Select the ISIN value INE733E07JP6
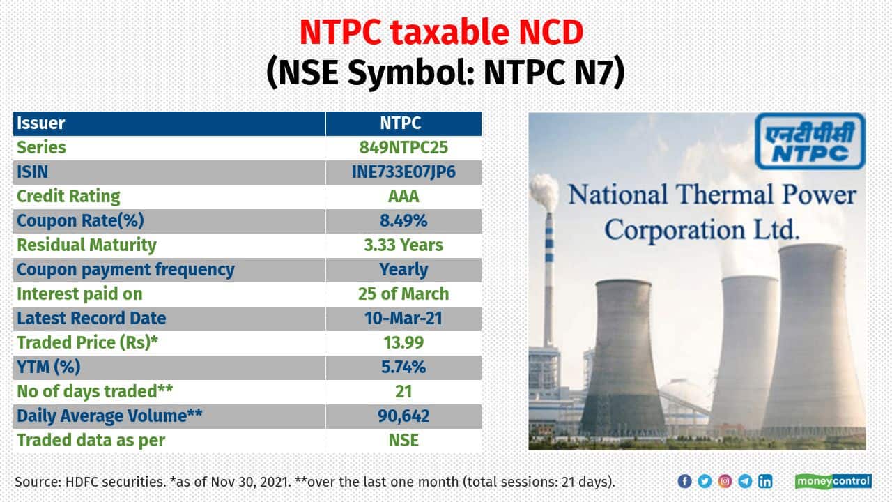(x=403, y=172)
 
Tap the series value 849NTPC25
(x=403, y=147)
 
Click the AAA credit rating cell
(x=403, y=196)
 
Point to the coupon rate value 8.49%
(x=403, y=220)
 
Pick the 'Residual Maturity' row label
(x=86, y=245)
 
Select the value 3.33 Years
(x=403, y=245)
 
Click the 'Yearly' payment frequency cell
(x=403, y=269)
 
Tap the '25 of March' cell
(x=403, y=294)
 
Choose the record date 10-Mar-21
(x=403, y=318)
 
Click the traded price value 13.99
(x=403, y=342)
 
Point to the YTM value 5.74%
(x=403, y=367)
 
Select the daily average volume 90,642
(x=403, y=416)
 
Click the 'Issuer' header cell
(x=41, y=123)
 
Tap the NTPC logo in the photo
(x=810, y=142)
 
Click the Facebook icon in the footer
(x=684, y=481)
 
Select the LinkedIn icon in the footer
(x=765, y=481)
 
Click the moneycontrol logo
(x=833, y=481)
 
